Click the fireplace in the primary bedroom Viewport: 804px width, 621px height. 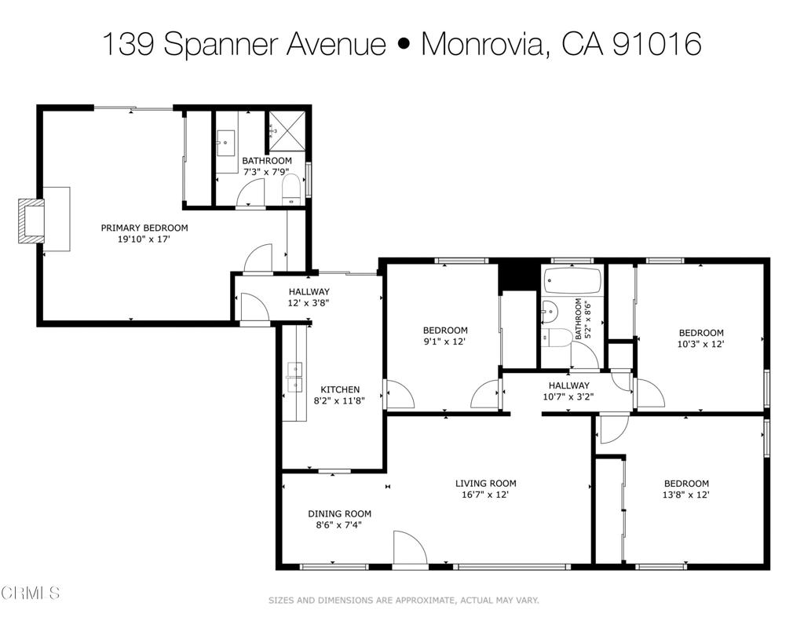(x=31, y=221)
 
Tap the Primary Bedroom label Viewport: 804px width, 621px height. (x=144, y=228)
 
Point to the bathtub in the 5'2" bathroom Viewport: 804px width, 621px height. (x=573, y=280)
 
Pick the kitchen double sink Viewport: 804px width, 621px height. (x=294, y=377)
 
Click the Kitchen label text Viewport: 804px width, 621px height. (x=340, y=389)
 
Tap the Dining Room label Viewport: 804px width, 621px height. (x=339, y=513)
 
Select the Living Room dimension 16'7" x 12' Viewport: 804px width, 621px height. (x=485, y=495)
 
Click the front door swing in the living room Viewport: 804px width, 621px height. (x=410, y=550)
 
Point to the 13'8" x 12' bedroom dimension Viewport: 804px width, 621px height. (x=686, y=495)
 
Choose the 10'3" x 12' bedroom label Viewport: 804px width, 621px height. (x=700, y=338)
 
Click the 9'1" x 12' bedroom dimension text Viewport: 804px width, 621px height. (x=444, y=342)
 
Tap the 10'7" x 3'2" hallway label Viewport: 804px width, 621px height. (x=568, y=391)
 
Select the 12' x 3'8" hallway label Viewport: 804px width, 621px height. (x=309, y=298)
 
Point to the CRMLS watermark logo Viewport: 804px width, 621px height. (x=31, y=593)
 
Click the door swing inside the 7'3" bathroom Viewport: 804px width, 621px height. (x=252, y=193)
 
